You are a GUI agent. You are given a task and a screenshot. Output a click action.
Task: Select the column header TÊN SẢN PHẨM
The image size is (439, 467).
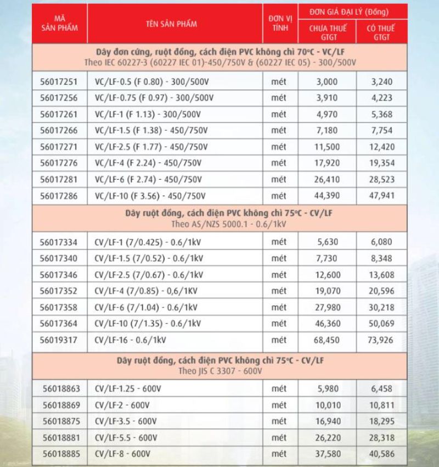[x=171, y=25]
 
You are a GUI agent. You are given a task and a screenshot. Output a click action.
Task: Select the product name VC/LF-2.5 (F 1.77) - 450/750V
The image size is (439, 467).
[x=151, y=148]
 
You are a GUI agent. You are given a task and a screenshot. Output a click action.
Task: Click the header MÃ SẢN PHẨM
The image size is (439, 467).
[x=60, y=25]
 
